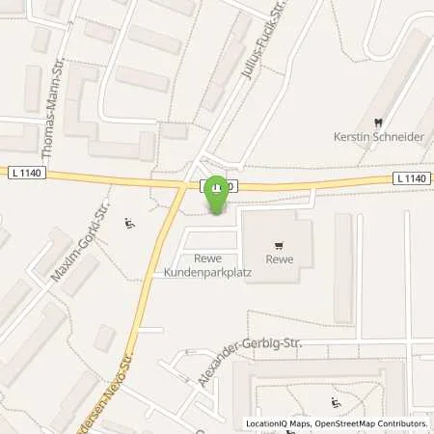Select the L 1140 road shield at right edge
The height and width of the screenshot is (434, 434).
point(410,178)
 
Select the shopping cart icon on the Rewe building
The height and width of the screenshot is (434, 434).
point(279,245)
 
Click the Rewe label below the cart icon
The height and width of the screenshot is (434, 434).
point(279,258)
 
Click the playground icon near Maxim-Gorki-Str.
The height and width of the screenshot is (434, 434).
point(130,225)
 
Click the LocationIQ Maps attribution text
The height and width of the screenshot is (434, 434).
point(280,423)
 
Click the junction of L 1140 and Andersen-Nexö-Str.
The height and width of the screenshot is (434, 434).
point(183,183)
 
